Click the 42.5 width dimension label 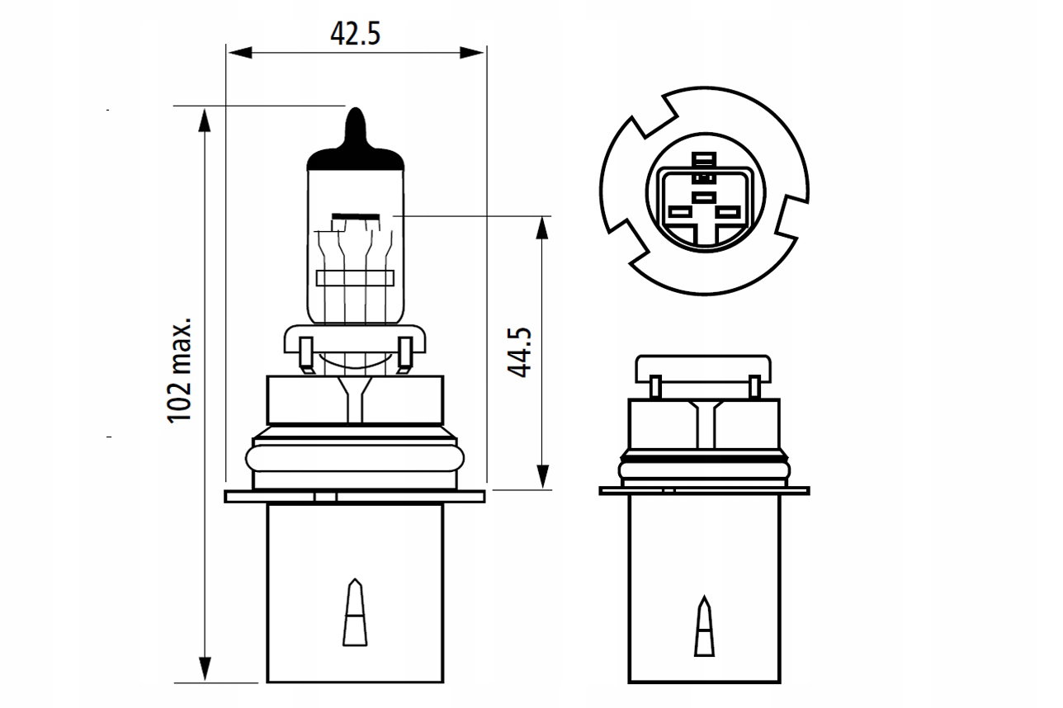(x=355, y=34)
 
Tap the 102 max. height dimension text (x=179, y=371)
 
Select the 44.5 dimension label (x=519, y=352)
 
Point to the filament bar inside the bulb (x=356, y=216)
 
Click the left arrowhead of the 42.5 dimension (x=239, y=52)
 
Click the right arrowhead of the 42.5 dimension (x=472, y=52)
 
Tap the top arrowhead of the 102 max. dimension (x=205, y=120)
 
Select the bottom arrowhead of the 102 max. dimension (x=205, y=669)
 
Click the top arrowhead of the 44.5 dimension (x=542, y=229)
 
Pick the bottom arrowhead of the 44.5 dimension (x=542, y=476)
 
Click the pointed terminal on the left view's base (x=355, y=612)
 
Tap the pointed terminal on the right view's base (x=704, y=626)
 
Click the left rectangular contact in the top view (x=678, y=211)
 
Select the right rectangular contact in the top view (x=728, y=211)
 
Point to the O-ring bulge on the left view (x=355, y=459)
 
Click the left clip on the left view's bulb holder (x=306, y=354)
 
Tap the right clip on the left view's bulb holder (x=404, y=354)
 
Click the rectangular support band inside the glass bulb (x=355, y=278)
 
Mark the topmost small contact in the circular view (x=704, y=158)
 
